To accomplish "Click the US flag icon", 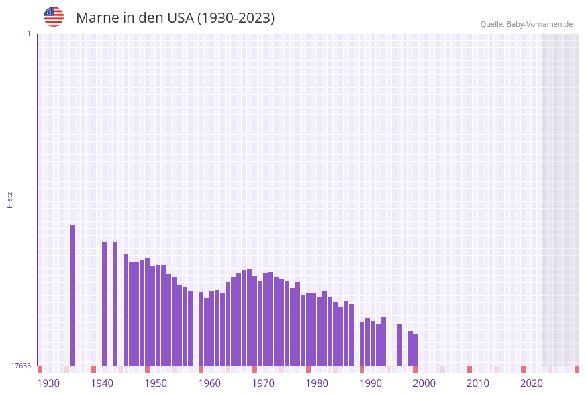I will (x=54, y=17).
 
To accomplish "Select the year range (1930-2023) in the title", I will (x=236, y=18).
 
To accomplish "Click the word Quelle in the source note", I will (x=492, y=25).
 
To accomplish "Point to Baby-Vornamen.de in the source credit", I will (x=540, y=25).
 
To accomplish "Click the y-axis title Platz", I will (x=10, y=199).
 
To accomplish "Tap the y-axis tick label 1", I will (x=28, y=34).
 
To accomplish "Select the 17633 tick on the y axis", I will (x=21, y=366).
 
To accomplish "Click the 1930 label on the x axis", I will (x=48, y=383).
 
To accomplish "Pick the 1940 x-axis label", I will (x=102, y=383).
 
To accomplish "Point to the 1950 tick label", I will (x=156, y=383).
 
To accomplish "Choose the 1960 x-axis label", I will (x=209, y=383).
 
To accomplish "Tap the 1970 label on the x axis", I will (x=263, y=383).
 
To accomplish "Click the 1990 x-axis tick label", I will (x=371, y=383).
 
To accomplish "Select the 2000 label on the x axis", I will (x=424, y=383).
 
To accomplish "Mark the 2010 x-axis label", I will (x=478, y=383).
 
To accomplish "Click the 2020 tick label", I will (x=532, y=383).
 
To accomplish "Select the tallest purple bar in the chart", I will (x=72, y=295).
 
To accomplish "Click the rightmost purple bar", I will (x=416, y=350).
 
